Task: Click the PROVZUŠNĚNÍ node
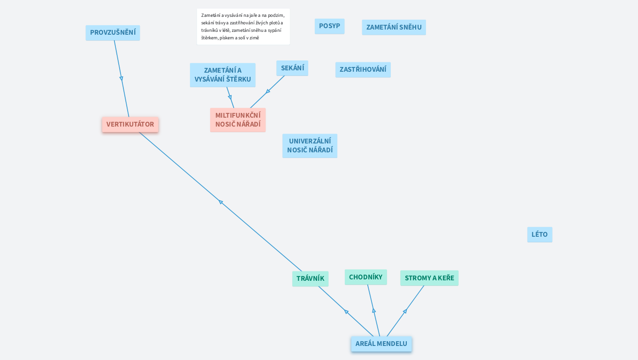pyautogui.click(x=113, y=33)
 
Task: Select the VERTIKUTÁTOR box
pyautogui.click(x=130, y=125)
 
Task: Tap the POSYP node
pyautogui.click(x=329, y=26)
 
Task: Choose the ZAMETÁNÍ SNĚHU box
pyautogui.click(x=394, y=27)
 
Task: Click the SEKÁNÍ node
pyautogui.click(x=292, y=68)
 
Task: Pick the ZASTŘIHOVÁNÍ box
pyautogui.click(x=363, y=69)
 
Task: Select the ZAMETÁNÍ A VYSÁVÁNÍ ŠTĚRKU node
pyautogui.click(x=222, y=75)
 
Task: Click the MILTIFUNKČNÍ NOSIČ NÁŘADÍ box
pyautogui.click(x=238, y=120)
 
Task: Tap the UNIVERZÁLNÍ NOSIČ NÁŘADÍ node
pyautogui.click(x=310, y=146)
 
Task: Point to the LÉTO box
pyautogui.click(x=539, y=234)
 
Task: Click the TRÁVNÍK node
pyautogui.click(x=310, y=278)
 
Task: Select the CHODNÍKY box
pyautogui.click(x=365, y=277)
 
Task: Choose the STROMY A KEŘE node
pyautogui.click(x=429, y=278)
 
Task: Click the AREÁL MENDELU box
pyautogui.click(x=381, y=344)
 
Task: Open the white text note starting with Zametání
pyautogui.click(x=243, y=27)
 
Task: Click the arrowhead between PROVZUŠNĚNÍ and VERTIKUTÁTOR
pyautogui.click(x=121, y=78)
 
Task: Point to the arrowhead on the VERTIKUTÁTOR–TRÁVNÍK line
pyautogui.click(x=220, y=202)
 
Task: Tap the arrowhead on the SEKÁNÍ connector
pyautogui.click(x=268, y=91)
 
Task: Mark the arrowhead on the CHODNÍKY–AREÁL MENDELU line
pyautogui.click(x=374, y=310)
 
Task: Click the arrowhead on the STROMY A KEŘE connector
pyautogui.click(x=405, y=311)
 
